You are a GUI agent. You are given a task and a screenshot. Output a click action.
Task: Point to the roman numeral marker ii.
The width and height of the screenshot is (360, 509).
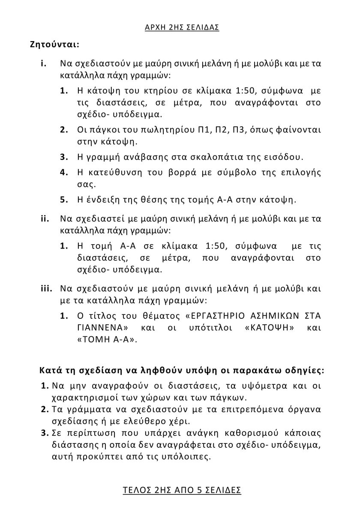click(45, 219)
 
